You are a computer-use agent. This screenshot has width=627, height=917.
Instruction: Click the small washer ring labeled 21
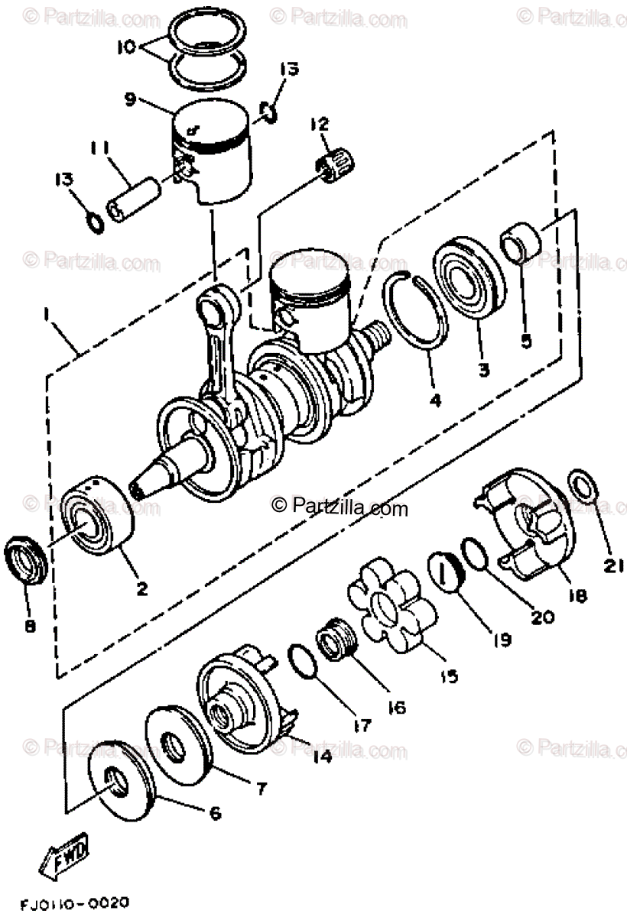click(x=583, y=485)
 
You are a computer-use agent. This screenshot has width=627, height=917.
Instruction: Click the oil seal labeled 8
click(x=27, y=561)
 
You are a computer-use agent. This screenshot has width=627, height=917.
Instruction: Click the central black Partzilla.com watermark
click(x=340, y=506)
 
